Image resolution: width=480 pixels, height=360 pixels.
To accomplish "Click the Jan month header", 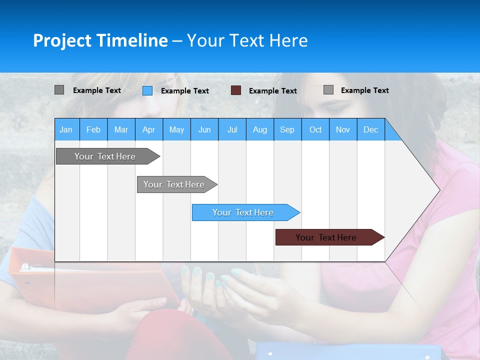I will (66, 129).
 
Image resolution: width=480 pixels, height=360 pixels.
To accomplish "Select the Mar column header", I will (121, 129).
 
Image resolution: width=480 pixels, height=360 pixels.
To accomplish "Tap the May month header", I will (176, 129).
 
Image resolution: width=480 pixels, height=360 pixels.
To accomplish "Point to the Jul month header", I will (232, 129).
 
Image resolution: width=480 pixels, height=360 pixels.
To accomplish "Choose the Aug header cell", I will (259, 129).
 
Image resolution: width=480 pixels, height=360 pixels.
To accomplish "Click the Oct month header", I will (315, 129).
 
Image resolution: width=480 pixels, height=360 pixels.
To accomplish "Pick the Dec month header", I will (370, 129).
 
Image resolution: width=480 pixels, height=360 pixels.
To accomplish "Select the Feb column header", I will (93, 129).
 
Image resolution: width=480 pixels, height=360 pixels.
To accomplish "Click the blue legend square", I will (147, 90).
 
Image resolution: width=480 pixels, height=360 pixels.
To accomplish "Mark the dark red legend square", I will (236, 90).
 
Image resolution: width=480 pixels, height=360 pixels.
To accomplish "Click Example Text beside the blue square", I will (185, 91).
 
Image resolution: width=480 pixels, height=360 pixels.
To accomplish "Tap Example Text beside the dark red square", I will (273, 91).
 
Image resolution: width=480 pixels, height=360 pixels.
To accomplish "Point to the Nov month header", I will (343, 129).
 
